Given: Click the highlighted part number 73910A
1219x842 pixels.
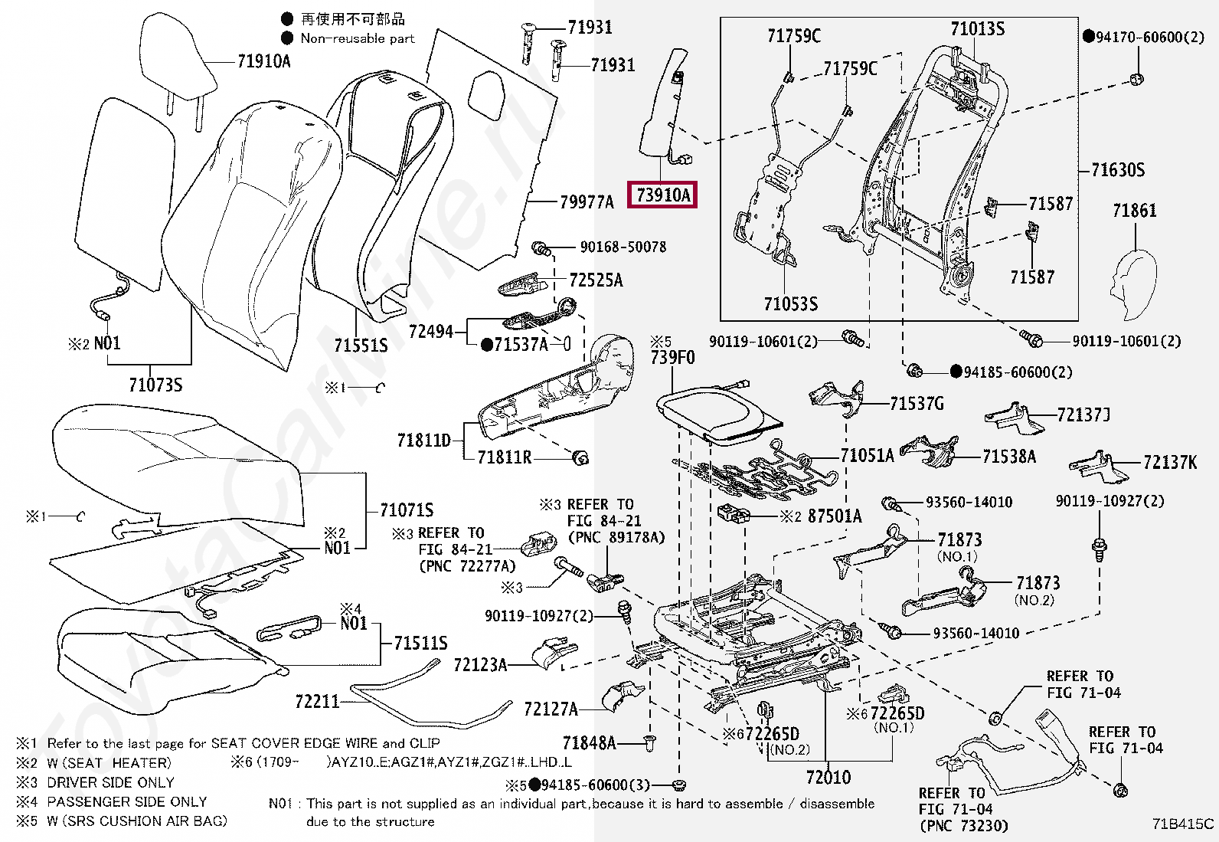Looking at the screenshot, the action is (x=662, y=195).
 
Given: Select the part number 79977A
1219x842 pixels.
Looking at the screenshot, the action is (x=587, y=202).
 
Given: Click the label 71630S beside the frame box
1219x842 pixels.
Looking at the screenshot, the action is (x=1118, y=170).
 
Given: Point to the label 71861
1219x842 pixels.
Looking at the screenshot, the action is (x=1135, y=210).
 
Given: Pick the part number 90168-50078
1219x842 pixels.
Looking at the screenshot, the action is (x=623, y=247).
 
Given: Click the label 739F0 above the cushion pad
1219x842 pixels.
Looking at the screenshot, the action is (x=672, y=357).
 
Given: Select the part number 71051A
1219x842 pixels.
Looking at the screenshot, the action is (x=867, y=455).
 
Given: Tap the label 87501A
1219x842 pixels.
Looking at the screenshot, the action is (x=835, y=516).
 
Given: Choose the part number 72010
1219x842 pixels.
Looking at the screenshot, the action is (x=828, y=777).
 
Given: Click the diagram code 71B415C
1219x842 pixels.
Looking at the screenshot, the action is (x=1183, y=824).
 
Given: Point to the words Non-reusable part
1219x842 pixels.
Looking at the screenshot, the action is (x=358, y=38).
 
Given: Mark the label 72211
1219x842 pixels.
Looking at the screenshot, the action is (x=317, y=701).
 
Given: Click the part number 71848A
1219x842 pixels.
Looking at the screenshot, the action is (x=590, y=742).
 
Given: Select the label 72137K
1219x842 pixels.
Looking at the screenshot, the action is (x=1170, y=463).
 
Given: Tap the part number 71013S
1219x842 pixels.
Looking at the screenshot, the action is (x=977, y=28).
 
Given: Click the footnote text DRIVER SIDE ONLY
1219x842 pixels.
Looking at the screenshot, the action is (x=110, y=783).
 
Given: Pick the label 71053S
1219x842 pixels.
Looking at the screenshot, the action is (x=791, y=303).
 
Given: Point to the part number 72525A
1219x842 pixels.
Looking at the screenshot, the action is (x=596, y=280).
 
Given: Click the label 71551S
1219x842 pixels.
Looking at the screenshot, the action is (x=361, y=345).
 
